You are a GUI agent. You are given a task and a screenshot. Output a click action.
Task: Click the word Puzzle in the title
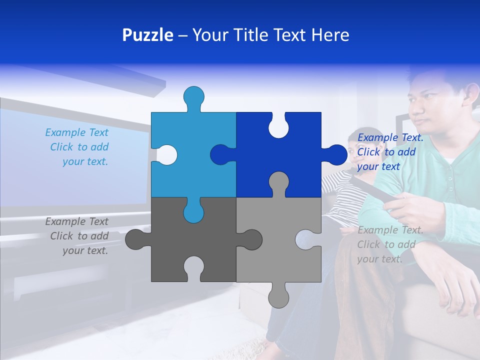(x=148, y=35)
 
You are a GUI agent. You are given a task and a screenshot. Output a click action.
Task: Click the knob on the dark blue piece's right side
(x=335, y=154)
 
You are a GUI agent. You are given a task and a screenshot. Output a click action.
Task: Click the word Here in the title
(x=329, y=35)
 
